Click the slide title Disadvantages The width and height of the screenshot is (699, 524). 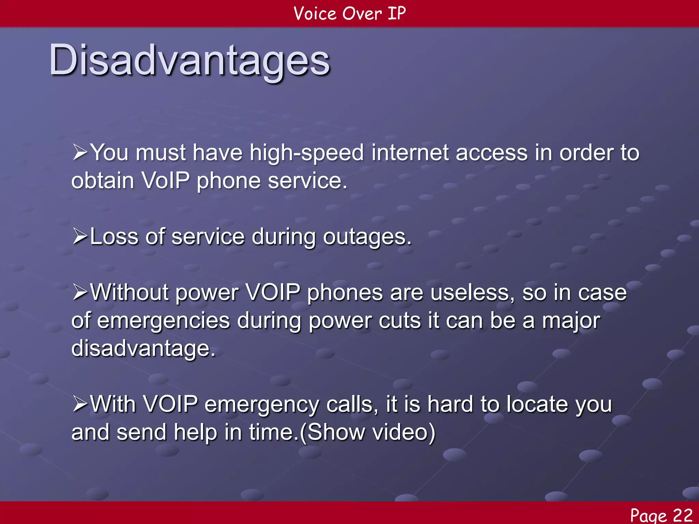[189, 61]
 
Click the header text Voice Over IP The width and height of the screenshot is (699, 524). [349, 14]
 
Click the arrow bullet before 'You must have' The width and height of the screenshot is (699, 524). [80, 152]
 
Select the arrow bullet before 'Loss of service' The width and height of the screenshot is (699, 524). [80, 237]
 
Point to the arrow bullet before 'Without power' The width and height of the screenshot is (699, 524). [80, 293]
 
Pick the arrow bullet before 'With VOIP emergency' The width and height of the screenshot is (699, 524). [80, 404]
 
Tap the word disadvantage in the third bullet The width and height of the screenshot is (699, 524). [143, 349]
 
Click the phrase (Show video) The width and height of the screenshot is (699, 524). [368, 432]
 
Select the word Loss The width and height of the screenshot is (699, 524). [114, 237]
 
